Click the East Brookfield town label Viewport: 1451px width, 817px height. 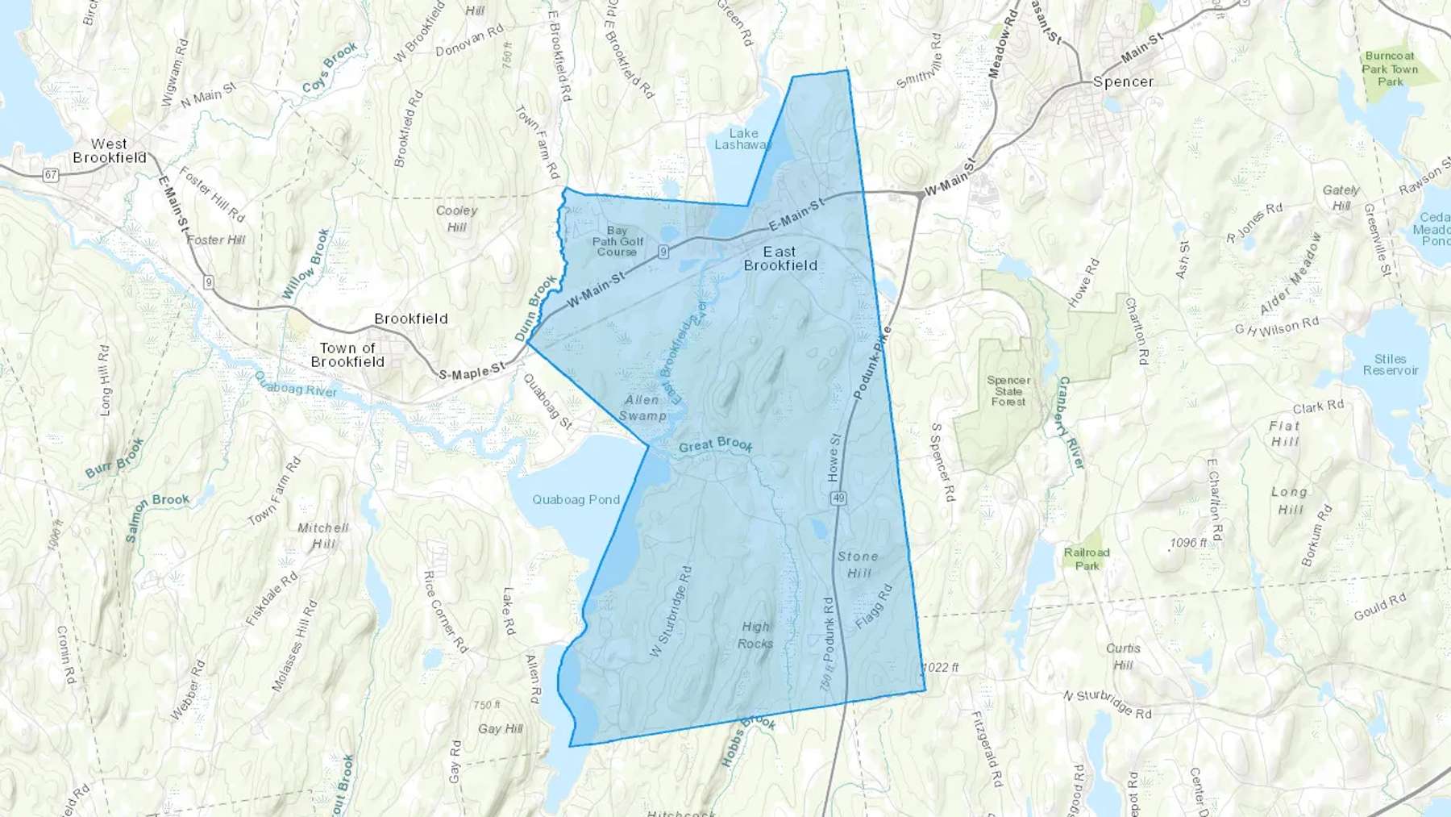pos(780,258)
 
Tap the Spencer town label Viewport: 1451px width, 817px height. pos(1123,81)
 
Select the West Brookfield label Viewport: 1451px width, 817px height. pos(110,151)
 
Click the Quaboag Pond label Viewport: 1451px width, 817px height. pos(576,500)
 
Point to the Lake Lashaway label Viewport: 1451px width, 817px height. pos(743,139)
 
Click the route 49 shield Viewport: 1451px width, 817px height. pos(838,498)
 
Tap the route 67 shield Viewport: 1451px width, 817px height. pos(51,175)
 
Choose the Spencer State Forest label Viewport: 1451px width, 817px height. pos(1008,390)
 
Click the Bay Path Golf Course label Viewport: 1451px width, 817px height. pos(617,241)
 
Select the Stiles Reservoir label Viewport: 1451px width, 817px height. pos(1390,365)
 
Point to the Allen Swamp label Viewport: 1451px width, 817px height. pos(642,407)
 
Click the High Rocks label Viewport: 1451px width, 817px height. pos(755,635)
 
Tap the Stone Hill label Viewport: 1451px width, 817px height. pos(858,565)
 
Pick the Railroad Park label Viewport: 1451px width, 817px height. pos(1087,558)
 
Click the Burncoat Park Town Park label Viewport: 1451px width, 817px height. pos(1390,69)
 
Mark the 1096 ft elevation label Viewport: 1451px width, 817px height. pos(1188,543)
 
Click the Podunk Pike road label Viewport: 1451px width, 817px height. pos(872,363)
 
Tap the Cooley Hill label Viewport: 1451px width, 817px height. pos(457,219)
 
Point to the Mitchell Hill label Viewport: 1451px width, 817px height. pos(323,536)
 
